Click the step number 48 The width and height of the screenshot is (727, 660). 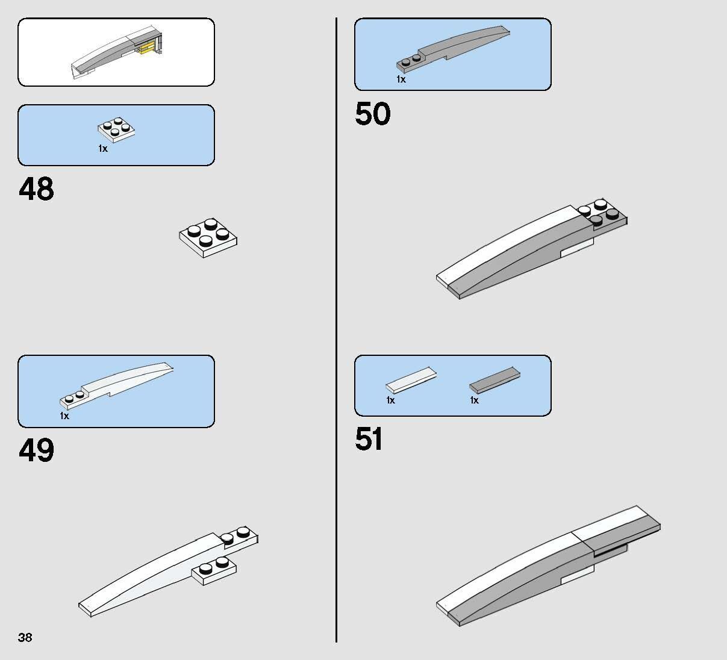coord(36,189)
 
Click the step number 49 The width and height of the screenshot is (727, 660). coord(36,450)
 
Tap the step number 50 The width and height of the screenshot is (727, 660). coord(373,113)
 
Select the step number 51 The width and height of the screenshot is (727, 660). coord(369,438)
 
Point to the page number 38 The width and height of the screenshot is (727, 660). coord(25,637)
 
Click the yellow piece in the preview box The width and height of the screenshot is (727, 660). coord(147,49)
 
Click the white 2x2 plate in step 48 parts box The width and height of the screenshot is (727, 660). coord(116,129)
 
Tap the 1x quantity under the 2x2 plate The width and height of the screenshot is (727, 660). coord(103,148)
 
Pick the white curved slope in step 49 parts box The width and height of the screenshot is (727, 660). coord(116,385)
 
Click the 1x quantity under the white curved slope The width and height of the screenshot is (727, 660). coord(64,416)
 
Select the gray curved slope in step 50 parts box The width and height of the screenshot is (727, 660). coord(453,48)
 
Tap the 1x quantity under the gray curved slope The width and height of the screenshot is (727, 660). coord(401,79)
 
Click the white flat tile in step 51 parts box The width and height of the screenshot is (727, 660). coord(411,380)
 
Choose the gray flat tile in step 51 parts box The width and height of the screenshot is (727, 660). coord(495,380)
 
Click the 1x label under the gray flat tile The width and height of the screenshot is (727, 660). coord(475,400)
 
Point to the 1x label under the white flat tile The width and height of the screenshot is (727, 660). coord(391,400)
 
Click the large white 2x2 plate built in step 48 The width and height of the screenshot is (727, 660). coord(208,238)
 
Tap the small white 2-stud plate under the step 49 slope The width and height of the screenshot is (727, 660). coord(214,570)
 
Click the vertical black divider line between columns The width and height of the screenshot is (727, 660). coord(336,330)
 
